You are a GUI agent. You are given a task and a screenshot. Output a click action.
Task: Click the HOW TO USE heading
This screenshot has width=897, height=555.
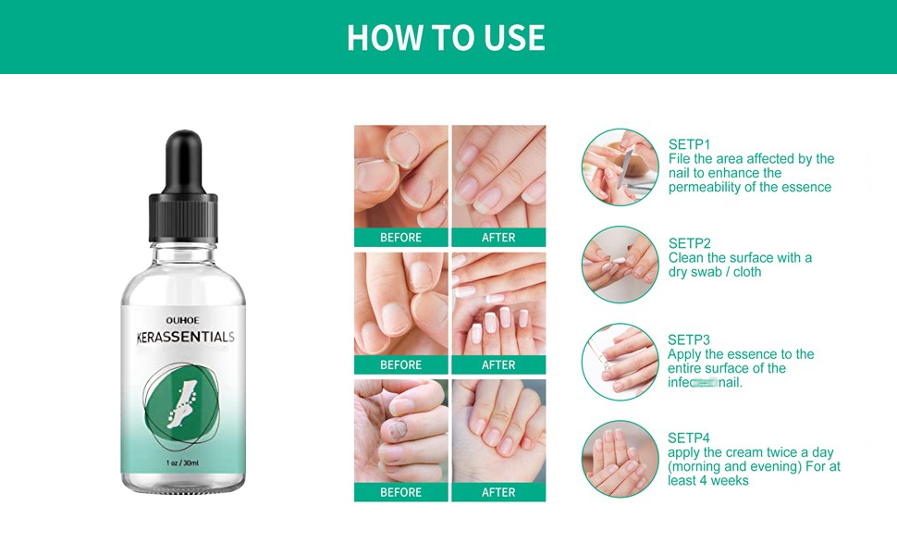pyautogui.click(x=446, y=37)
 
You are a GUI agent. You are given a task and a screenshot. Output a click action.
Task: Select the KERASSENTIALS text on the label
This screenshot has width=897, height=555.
pyautogui.click(x=182, y=337)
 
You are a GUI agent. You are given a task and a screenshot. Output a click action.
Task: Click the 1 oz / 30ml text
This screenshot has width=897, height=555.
pyautogui.click(x=183, y=462)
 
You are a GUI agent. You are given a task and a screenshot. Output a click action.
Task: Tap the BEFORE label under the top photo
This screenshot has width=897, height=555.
pyautogui.click(x=400, y=238)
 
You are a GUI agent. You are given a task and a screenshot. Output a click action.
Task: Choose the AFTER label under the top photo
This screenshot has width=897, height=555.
pyautogui.click(x=498, y=238)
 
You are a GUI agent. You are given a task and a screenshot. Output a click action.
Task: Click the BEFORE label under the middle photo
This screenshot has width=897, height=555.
pyautogui.click(x=400, y=365)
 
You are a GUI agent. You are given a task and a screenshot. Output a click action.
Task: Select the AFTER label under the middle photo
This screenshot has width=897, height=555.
pyautogui.click(x=498, y=365)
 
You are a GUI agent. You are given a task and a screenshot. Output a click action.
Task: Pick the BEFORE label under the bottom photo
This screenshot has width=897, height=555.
pyautogui.click(x=400, y=493)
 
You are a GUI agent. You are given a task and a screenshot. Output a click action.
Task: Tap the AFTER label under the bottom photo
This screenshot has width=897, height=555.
pyautogui.click(x=498, y=493)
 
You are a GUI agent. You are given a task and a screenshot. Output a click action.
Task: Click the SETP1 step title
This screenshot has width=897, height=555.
pyautogui.click(x=689, y=144)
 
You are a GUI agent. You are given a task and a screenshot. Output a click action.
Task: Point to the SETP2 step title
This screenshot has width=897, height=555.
pyautogui.click(x=689, y=243)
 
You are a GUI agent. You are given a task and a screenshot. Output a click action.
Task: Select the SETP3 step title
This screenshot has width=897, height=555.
pyautogui.click(x=689, y=339)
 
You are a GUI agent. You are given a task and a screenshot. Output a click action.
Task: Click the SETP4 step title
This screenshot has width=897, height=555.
pyautogui.click(x=689, y=438)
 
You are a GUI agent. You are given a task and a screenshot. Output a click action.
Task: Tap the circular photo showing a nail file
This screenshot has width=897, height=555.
pyautogui.click(x=620, y=166)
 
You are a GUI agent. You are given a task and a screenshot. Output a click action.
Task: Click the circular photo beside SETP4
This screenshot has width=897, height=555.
pyautogui.click(x=620, y=459)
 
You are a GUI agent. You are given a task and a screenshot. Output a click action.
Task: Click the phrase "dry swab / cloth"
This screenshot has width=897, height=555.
pyautogui.click(x=715, y=272)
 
